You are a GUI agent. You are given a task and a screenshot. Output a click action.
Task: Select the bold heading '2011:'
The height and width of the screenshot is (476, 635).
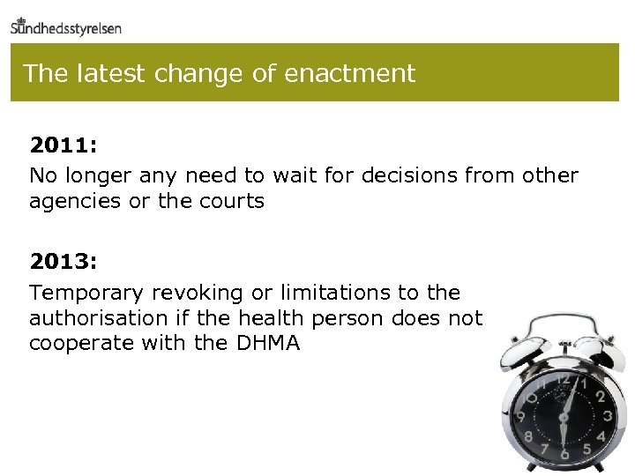63,145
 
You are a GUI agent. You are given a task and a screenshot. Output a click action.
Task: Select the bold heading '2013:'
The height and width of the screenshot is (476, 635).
63,261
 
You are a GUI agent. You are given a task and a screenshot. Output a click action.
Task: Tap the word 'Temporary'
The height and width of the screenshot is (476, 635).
86,292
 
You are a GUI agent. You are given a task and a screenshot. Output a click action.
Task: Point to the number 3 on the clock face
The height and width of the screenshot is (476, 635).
608,413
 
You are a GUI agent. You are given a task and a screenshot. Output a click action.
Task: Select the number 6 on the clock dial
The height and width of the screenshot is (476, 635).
564,453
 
